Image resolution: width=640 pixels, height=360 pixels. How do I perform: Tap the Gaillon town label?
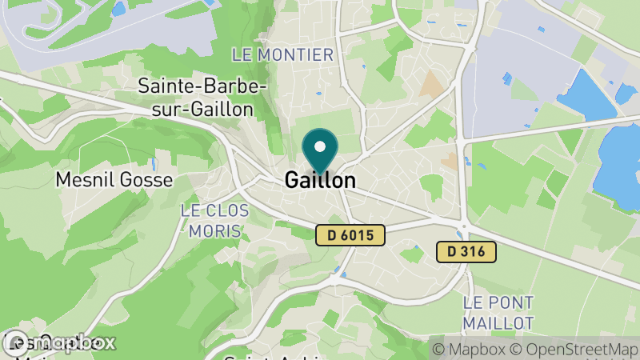[320, 181]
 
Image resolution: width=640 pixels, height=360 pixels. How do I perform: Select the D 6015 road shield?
[350, 235]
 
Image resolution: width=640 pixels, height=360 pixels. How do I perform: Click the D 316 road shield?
[466, 252]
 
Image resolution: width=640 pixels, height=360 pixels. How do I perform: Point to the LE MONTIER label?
[282, 55]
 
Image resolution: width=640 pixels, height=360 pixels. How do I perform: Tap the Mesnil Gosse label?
[114, 180]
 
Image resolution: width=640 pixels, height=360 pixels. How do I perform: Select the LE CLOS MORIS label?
[214, 221]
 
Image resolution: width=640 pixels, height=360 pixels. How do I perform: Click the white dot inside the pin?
[321, 147]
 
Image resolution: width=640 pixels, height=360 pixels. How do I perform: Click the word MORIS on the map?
[214, 231]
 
